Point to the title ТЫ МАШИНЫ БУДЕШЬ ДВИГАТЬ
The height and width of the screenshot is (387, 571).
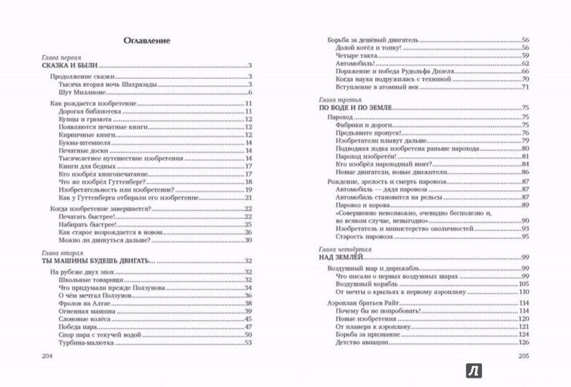click(96, 261)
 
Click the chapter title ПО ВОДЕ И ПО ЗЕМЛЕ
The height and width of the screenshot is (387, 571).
click(354, 108)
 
